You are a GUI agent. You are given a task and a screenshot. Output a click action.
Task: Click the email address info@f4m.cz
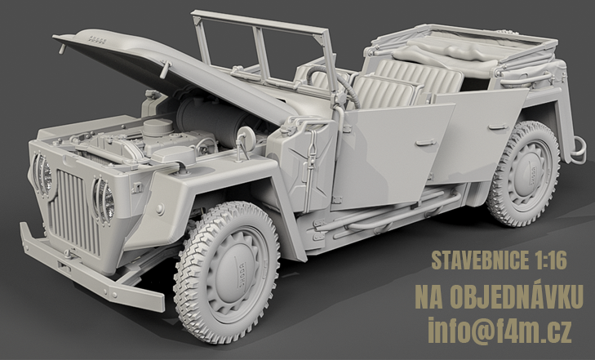pyautogui.click(x=500, y=330)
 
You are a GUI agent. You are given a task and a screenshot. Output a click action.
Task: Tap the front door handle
pyautogui.click(x=426, y=143)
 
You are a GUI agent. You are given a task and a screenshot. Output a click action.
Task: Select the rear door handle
pyautogui.click(x=498, y=127)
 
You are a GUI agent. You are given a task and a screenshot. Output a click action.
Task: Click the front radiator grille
pyautogui.click(x=75, y=211)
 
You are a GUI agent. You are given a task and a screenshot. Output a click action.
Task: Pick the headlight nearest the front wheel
pyautogui.click(x=104, y=200)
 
